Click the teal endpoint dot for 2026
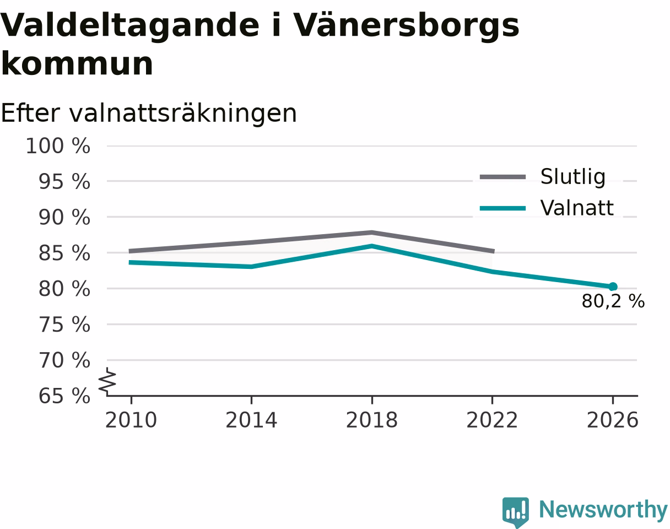tap(612, 287)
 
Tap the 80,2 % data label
tap(613, 301)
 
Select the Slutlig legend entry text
tap(572, 177)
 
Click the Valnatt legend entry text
tap(576, 208)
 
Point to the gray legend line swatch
tap(502, 177)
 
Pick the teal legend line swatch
tap(502, 208)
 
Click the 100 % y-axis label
tap(58, 146)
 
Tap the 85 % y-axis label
tap(64, 253)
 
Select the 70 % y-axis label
tap(64, 360)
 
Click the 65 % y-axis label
tap(64, 396)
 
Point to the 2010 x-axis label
tap(131, 420)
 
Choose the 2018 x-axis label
tap(372, 420)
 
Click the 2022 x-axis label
tap(492, 420)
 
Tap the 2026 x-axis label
tap(612, 420)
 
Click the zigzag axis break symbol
tap(107, 380)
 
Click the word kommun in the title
tap(77, 64)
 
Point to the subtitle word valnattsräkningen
tap(183, 114)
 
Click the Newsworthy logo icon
tap(516, 512)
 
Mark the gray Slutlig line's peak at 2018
tap(372, 233)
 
